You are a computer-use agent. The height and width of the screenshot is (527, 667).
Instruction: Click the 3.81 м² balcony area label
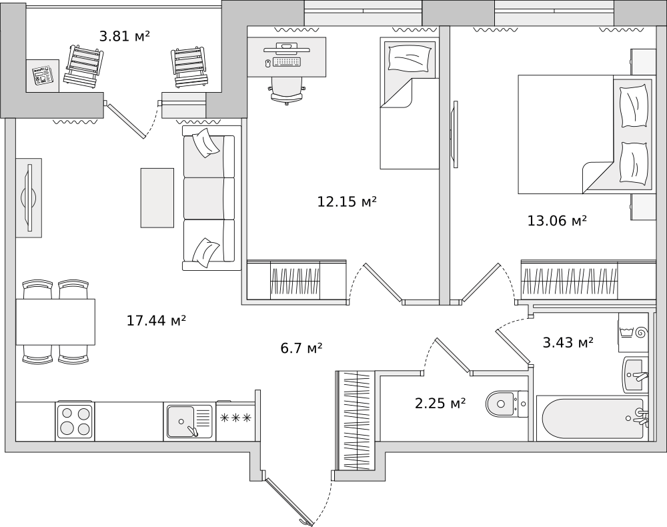point(125,36)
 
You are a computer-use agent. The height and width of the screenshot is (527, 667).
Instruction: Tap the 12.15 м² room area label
point(347,201)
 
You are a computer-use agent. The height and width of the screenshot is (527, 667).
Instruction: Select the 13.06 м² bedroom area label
point(557,221)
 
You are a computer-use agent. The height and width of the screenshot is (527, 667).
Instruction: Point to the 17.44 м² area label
point(157,320)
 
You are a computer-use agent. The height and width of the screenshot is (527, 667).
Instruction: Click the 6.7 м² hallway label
point(301,348)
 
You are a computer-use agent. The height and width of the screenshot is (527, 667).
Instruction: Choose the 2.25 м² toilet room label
point(440,403)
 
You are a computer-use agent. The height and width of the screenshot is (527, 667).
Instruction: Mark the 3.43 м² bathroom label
point(568,342)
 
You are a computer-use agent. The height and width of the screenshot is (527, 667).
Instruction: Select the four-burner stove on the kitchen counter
point(75,421)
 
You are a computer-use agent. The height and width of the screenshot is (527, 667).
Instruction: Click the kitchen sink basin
point(181,422)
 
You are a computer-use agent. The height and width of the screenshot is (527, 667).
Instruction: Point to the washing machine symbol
point(632,332)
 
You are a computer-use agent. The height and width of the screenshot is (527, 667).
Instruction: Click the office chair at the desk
point(287,91)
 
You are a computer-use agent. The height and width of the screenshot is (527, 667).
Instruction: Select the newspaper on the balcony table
point(43,75)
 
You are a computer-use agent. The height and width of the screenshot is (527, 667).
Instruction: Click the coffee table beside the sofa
point(157,197)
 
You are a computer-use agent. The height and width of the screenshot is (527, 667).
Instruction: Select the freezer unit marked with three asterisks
point(235,421)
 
